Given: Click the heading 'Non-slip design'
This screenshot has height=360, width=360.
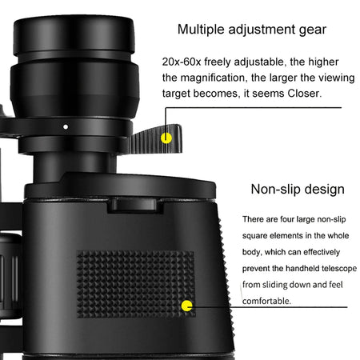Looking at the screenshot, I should (298, 190).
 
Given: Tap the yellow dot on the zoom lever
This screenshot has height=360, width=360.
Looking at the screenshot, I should (166, 137).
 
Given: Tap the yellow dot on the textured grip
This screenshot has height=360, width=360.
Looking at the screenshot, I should (187, 305).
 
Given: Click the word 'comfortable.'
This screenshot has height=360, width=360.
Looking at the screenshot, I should (269, 301).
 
